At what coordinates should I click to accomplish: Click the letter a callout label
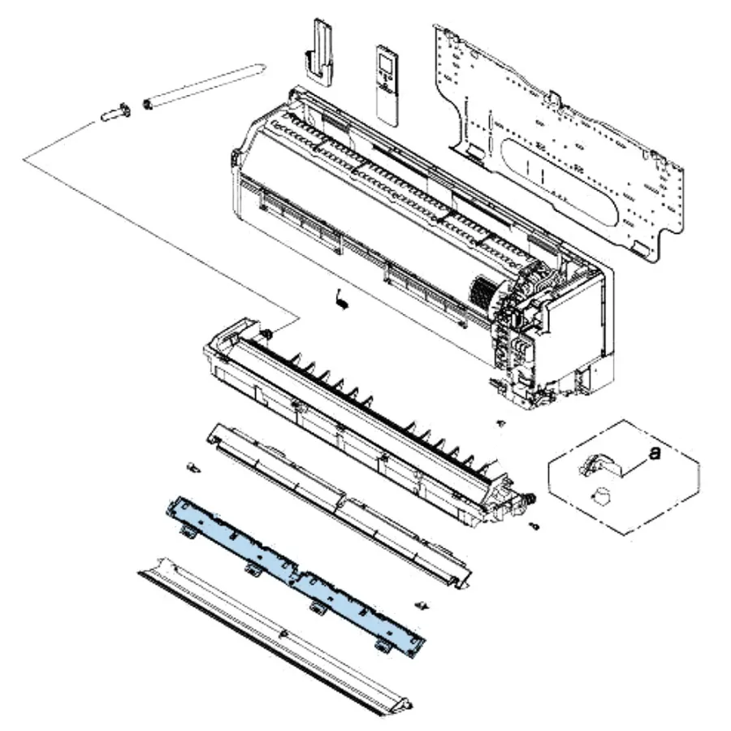[x=655, y=452]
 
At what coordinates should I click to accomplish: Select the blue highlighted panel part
[x=295, y=577]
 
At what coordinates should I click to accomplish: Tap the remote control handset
[x=387, y=85]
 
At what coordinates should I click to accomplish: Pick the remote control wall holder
[x=319, y=52]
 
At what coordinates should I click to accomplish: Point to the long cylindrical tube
[x=205, y=86]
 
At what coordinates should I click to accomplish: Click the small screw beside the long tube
[x=115, y=113]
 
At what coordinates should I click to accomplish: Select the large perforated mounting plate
[x=560, y=140]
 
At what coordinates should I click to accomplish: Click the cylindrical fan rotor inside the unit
[x=482, y=292]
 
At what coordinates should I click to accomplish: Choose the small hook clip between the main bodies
[x=342, y=298]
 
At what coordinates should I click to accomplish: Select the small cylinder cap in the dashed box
[x=601, y=495]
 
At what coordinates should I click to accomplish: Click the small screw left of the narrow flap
[x=193, y=468]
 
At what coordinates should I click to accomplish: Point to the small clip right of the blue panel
[x=422, y=606]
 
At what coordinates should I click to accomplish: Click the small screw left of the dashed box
[x=502, y=423]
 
